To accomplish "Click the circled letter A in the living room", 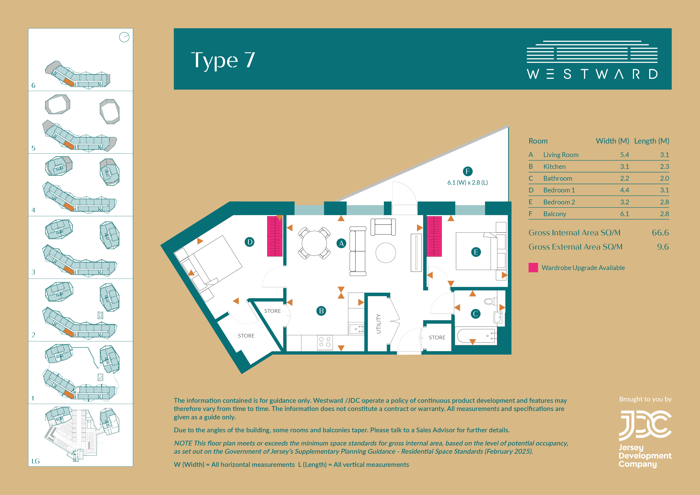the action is tap(341, 243).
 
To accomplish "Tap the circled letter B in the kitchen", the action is tap(321, 311).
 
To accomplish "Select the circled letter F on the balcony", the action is tap(468, 171).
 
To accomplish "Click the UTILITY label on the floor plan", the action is tap(378, 324).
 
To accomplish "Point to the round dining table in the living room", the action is tap(314, 243).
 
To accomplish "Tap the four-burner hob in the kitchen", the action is tap(325, 342).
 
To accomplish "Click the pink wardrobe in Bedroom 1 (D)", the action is tap(275, 236).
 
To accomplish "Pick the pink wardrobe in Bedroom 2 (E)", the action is tap(434, 236).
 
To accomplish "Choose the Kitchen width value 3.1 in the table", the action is tap(624, 166).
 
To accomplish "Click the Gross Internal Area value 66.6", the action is tap(660, 233).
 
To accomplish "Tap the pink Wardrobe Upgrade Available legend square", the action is tap(533, 267).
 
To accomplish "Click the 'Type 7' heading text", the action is tap(223, 60).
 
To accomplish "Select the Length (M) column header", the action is tap(652, 141).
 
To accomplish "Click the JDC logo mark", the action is tap(645, 426).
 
